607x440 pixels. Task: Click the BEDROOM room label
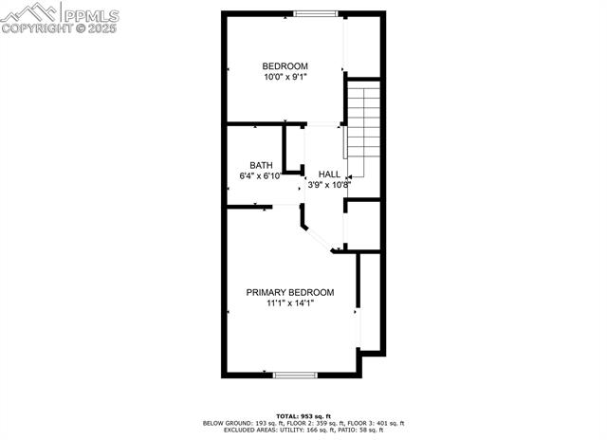[285, 65]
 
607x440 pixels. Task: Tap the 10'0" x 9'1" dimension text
[285, 77]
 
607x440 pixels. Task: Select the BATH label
[261, 164]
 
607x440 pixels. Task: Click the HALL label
[329, 174]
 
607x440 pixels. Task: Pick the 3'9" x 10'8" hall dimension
[328, 185]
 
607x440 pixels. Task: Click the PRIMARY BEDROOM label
[290, 292]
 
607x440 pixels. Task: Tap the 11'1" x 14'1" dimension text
[289, 303]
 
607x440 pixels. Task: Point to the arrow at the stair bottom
[350, 175]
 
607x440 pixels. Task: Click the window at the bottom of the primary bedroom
[294, 376]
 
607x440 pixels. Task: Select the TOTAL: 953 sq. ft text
[303, 415]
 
